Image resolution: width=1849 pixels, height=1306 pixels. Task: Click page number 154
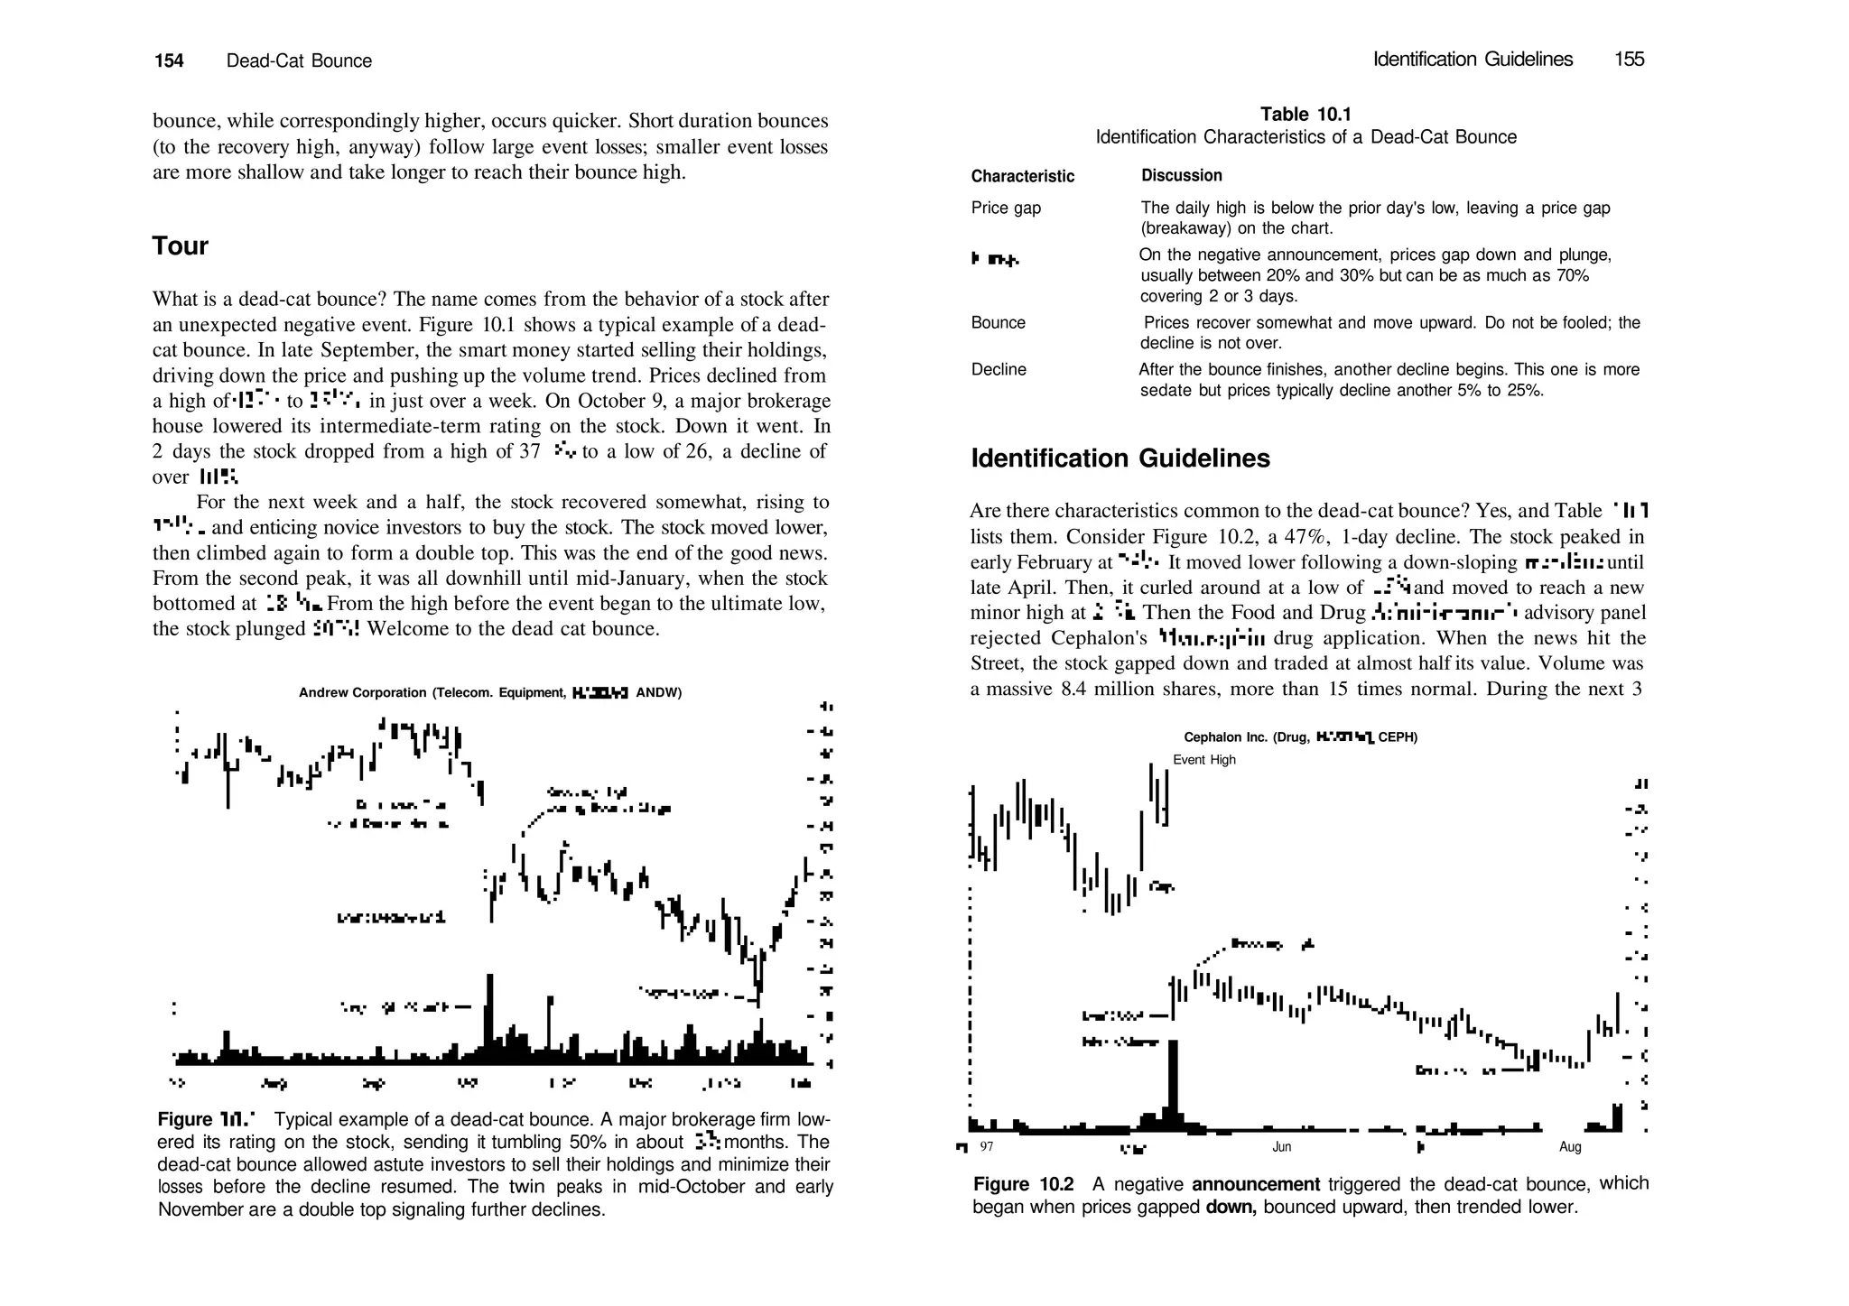(169, 60)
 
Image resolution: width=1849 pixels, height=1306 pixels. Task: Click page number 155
(1629, 60)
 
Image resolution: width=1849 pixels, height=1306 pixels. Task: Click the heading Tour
(180, 246)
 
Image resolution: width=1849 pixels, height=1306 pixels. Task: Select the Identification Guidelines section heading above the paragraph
(1120, 458)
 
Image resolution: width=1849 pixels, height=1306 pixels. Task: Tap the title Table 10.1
(1305, 114)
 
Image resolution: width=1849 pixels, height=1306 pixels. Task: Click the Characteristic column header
(1022, 176)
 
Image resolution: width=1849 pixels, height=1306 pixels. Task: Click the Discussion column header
(1181, 175)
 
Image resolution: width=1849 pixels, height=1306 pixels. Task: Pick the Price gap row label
(1006, 208)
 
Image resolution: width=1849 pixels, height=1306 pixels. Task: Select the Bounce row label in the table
(998, 323)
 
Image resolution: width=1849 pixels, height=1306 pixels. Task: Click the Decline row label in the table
(998, 369)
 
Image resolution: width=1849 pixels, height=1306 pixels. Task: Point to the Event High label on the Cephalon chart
(1203, 760)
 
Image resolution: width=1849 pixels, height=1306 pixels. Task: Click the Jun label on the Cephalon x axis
(1281, 1147)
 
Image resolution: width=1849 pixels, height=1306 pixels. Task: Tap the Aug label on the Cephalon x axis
(1570, 1147)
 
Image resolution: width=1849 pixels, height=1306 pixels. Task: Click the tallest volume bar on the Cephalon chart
(1173, 1083)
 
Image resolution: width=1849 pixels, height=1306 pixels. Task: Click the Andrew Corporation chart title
(489, 692)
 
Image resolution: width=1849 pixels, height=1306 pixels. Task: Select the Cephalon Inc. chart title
(1300, 737)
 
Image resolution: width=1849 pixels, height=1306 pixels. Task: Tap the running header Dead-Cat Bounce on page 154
(299, 60)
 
